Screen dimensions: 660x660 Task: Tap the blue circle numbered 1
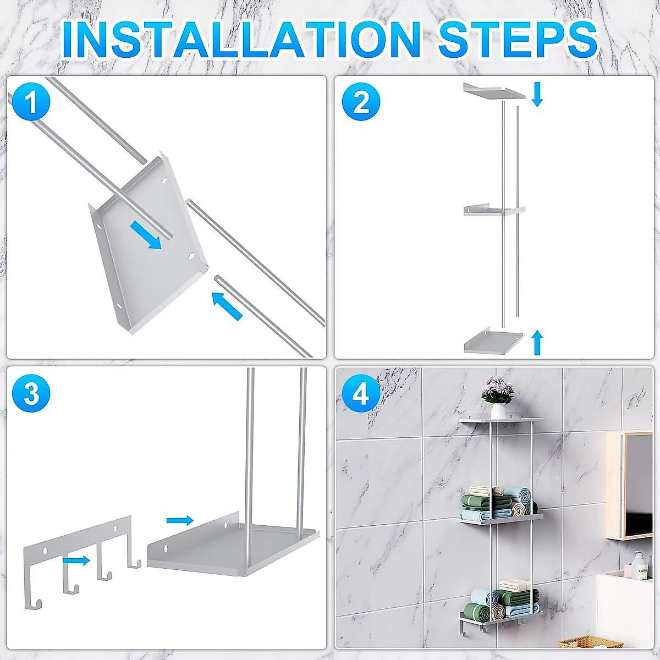coord(31,102)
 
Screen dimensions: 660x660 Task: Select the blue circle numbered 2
coord(361,102)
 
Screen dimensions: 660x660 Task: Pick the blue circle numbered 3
coord(31,394)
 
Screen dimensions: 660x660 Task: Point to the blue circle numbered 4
coord(361,394)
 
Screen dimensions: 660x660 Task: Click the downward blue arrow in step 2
coord(537,94)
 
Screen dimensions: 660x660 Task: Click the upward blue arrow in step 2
coord(538,343)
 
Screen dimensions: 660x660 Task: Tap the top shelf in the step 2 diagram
coord(494,92)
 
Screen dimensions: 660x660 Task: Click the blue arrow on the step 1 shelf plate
coord(145,234)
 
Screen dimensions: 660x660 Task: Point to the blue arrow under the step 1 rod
coord(227,305)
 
